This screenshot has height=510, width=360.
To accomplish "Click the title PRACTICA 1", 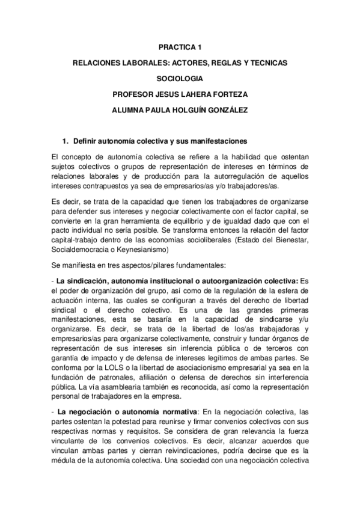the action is click(180, 46).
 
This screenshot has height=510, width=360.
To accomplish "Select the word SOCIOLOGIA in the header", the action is click(180, 78).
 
